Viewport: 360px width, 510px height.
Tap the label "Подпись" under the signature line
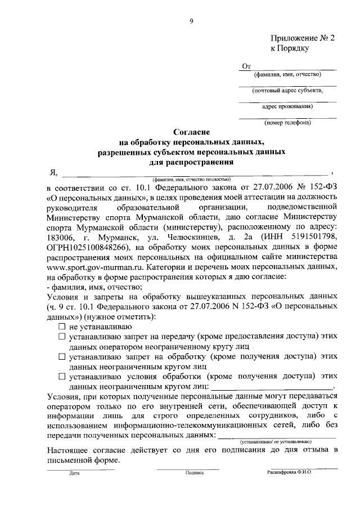[194, 474]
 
